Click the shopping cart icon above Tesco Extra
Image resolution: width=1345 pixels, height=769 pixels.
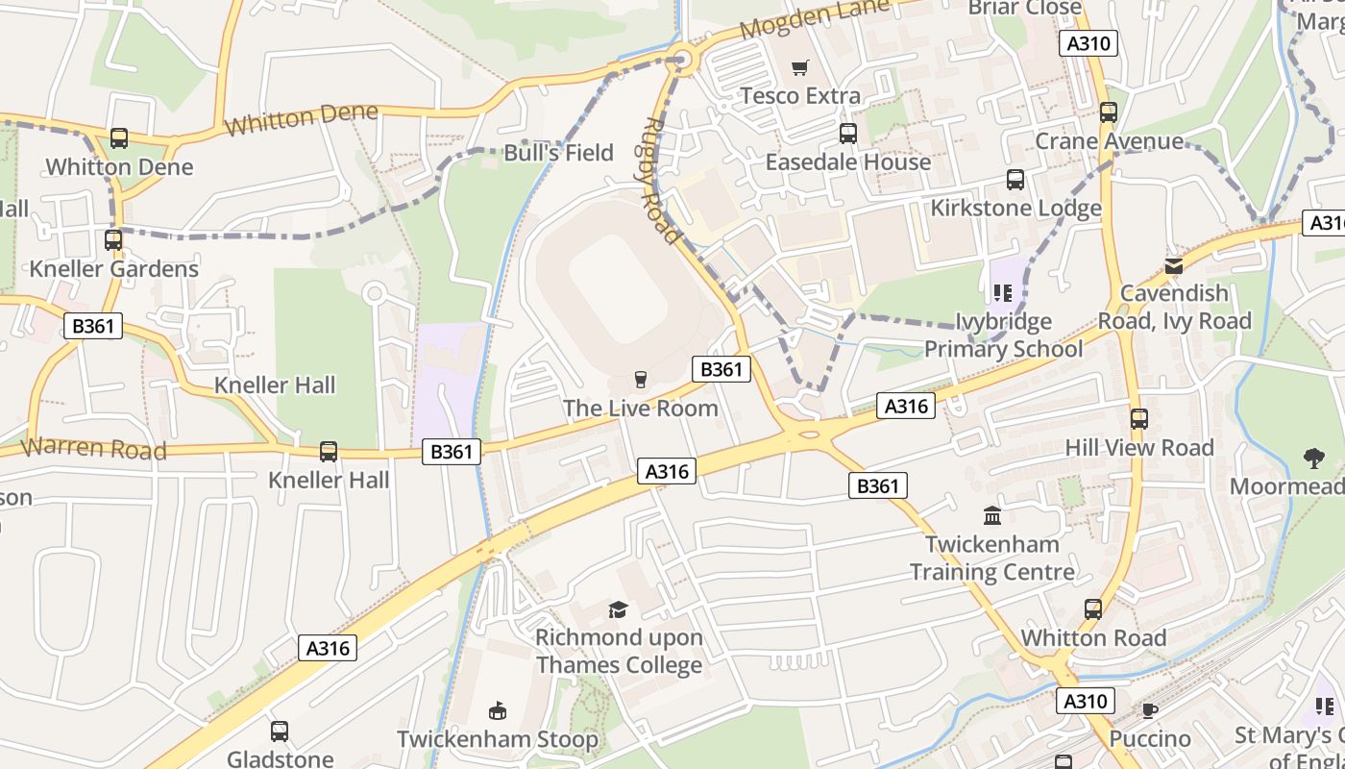tap(799, 67)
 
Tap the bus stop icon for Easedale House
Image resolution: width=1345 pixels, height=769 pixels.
tap(847, 134)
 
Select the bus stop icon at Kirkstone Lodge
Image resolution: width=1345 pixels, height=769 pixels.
tap(1015, 180)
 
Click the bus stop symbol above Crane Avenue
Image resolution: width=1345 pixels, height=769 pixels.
tap(1109, 112)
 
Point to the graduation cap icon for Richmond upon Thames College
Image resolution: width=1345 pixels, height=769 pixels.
tap(618, 609)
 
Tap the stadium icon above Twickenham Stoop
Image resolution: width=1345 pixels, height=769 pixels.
tap(498, 711)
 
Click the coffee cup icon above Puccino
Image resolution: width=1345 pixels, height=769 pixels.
tap(1149, 711)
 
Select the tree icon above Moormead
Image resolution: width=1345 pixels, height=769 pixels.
tap(1314, 459)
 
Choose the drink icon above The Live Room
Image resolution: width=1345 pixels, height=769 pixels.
tap(641, 381)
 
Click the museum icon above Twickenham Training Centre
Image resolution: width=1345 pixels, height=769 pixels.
tap(992, 516)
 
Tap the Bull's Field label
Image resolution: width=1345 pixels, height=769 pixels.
tap(558, 153)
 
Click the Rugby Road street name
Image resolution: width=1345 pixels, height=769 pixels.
tap(662, 181)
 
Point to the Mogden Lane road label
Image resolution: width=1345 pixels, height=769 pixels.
tap(801, 20)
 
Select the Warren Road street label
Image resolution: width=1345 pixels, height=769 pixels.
tap(93, 449)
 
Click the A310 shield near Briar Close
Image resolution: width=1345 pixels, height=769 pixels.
tap(1088, 43)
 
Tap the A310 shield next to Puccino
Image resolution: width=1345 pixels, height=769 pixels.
tap(1085, 702)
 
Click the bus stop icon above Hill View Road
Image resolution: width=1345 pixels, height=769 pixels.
tap(1139, 419)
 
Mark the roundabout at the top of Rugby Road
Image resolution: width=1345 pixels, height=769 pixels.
tap(683, 60)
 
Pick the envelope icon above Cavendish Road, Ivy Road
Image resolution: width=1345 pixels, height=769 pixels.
tap(1173, 265)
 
